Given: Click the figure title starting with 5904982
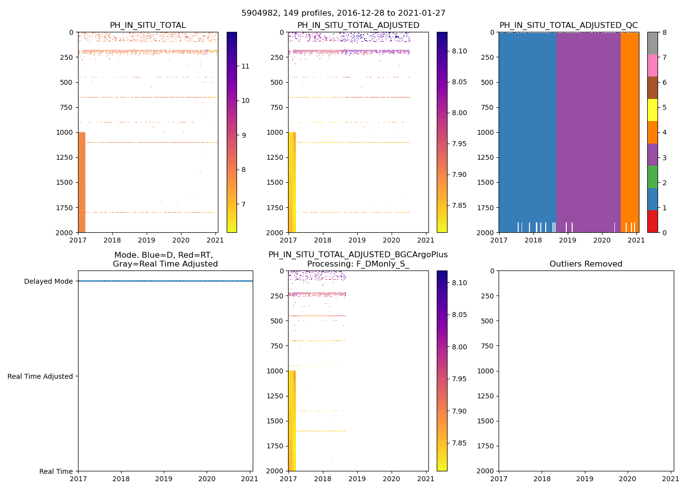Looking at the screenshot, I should [x=343, y=13].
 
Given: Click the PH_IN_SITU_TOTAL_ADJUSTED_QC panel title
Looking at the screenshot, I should [x=568, y=25].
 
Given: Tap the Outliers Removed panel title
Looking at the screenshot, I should [x=585, y=264].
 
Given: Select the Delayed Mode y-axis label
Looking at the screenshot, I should [x=48, y=281].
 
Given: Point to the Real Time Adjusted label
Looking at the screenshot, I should [x=40, y=376].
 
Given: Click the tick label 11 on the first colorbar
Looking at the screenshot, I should [x=245, y=67].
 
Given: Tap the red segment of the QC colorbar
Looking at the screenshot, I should [x=652, y=221].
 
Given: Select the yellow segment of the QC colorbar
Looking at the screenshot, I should [x=652, y=110].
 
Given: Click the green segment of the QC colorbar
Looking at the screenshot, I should [x=652, y=176].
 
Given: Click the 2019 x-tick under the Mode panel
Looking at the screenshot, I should [x=164, y=479].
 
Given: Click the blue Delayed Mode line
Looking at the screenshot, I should [x=165, y=281].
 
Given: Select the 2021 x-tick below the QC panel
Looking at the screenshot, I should [x=636, y=240].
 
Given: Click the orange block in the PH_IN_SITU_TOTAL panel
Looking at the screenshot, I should [x=81, y=181].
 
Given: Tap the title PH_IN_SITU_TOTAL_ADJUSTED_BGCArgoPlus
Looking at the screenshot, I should [x=358, y=255].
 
